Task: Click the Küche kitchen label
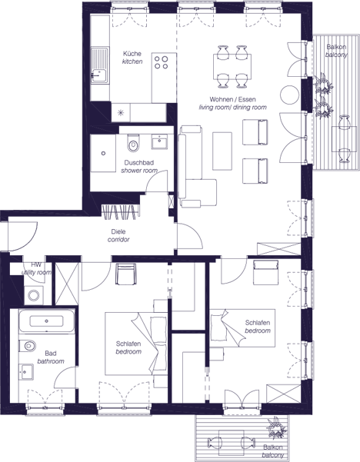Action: tap(132, 58)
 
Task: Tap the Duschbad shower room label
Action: tap(139, 167)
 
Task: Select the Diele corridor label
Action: tap(118, 235)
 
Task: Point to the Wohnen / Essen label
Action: tap(232, 99)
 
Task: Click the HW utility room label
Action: tap(36, 269)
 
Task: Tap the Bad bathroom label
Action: tap(51, 357)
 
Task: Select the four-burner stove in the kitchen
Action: tap(162, 62)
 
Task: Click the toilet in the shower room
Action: tap(133, 143)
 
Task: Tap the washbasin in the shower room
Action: tap(159, 141)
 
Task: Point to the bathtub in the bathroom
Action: tap(47, 321)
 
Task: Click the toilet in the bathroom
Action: tap(28, 346)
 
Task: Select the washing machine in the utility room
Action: tap(33, 295)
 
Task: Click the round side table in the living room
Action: tap(289, 95)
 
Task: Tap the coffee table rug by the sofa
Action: tap(222, 151)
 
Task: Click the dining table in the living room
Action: tap(232, 67)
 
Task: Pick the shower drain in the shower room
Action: tap(103, 153)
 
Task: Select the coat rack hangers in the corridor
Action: tap(120, 212)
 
